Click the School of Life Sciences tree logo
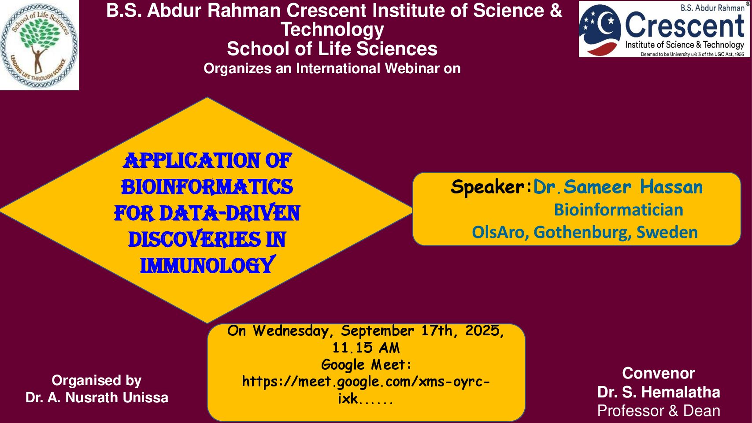click(39, 45)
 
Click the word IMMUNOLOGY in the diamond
click(207, 266)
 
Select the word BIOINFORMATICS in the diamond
click(207, 187)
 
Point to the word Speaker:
click(491, 187)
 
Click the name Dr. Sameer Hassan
click(618, 187)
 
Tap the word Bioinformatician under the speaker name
click(619, 210)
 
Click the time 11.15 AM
click(366, 348)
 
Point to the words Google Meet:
click(366, 365)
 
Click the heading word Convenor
click(658, 373)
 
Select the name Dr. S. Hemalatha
click(659, 392)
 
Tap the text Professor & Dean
click(659, 411)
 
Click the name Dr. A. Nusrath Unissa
click(96, 397)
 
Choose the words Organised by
click(96, 381)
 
